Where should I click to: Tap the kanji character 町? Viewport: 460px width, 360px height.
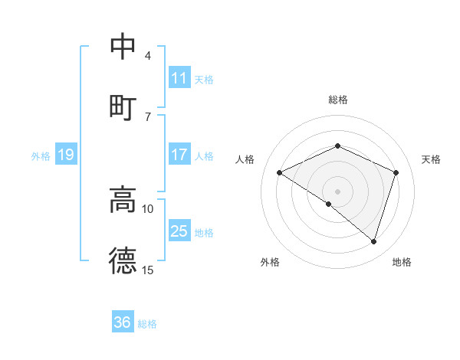click(x=123, y=106)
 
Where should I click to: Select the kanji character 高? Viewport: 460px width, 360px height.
click(x=123, y=199)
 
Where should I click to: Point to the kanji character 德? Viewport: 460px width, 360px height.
click(x=123, y=260)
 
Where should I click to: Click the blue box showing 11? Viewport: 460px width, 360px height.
click(x=179, y=78)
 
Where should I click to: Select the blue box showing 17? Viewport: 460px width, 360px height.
click(x=179, y=155)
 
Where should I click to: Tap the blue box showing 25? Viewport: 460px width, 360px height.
click(x=179, y=231)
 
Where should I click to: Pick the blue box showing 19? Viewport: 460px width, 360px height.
click(x=66, y=155)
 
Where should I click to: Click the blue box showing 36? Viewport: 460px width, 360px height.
click(x=123, y=322)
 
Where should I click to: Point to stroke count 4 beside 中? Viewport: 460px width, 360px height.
click(x=148, y=56)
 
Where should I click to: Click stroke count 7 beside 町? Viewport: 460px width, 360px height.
click(x=148, y=117)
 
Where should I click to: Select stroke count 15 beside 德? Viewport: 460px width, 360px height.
click(x=148, y=270)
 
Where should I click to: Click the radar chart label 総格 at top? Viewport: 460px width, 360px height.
click(x=338, y=100)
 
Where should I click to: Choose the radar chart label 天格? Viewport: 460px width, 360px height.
click(x=432, y=159)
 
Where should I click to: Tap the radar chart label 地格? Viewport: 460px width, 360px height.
click(x=402, y=262)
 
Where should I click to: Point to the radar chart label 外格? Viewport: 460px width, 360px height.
click(x=270, y=262)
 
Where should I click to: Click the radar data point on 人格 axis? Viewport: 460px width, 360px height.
click(x=280, y=173)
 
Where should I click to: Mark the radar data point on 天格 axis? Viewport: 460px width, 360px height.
click(x=396, y=172)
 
